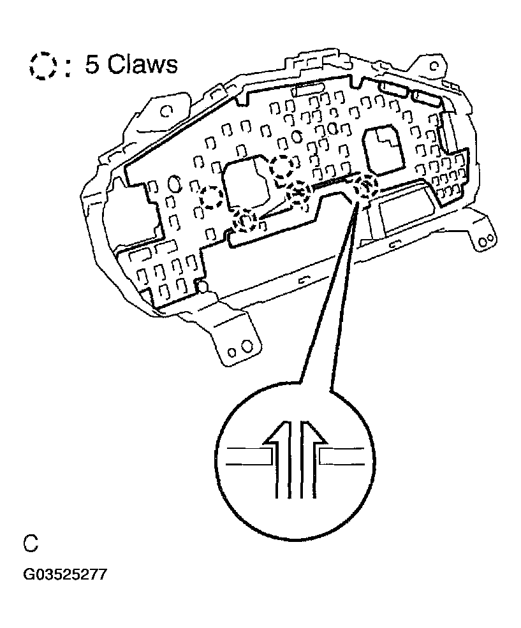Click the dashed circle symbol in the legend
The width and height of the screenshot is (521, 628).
[43, 65]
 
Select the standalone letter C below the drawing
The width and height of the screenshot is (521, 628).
[31, 544]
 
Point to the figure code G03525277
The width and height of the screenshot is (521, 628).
[65, 575]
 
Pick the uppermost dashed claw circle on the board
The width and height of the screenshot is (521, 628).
[282, 167]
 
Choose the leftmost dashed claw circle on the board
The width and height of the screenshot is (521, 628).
[212, 198]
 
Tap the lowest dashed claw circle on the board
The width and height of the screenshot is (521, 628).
[244, 221]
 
